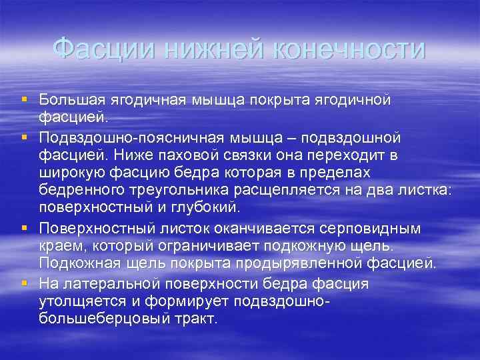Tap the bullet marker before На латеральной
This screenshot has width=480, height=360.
point(23,283)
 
